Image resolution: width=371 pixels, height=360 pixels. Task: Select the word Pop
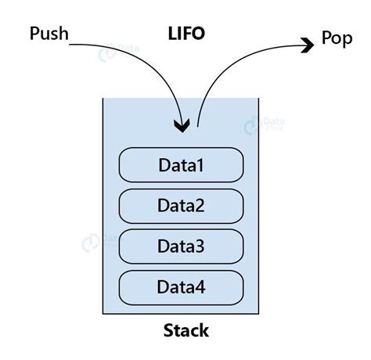point(337,38)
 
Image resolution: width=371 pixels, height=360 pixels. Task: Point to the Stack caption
point(185,329)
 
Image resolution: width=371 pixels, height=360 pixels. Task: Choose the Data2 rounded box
point(182,205)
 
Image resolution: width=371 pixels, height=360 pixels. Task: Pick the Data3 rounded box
point(182,246)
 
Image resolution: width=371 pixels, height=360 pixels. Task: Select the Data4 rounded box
point(182,286)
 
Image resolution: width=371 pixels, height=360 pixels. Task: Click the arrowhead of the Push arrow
point(183,126)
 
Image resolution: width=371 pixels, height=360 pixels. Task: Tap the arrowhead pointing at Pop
point(307,45)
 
